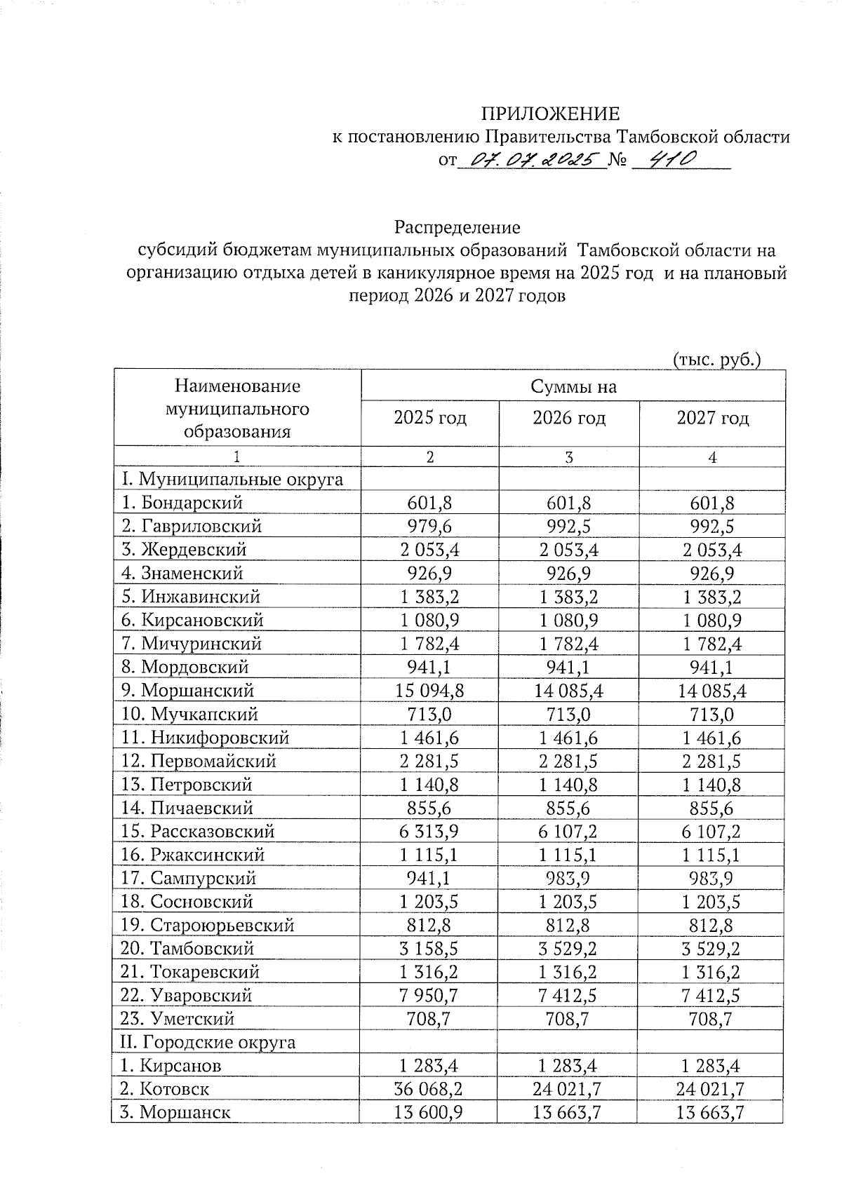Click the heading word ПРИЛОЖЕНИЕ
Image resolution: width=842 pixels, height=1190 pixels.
point(549,114)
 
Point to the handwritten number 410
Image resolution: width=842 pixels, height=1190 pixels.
point(671,160)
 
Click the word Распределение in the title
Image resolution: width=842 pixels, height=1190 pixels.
point(457,227)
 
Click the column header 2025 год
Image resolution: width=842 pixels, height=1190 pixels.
point(429,419)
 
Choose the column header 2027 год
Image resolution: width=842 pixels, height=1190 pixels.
point(712,419)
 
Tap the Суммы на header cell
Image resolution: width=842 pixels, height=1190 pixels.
point(573,386)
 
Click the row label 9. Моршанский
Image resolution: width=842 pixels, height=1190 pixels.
point(187,691)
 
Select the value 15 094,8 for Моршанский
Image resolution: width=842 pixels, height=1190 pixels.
point(429,691)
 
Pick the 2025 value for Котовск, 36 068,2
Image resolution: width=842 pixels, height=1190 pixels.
point(429,1089)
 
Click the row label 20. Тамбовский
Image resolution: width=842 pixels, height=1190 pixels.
point(187,949)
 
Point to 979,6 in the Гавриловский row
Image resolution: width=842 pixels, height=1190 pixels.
point(429,527)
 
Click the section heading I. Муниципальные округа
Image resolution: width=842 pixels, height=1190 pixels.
point(232,480)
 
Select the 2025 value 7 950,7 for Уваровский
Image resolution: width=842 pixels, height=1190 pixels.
point(429,996)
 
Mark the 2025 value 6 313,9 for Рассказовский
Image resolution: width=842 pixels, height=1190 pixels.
point(429,832)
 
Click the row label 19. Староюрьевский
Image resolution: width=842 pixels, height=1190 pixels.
point(207,926)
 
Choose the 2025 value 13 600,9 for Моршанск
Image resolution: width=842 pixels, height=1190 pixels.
point(429,1112)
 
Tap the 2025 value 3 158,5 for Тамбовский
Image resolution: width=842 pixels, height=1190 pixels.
point(429,949)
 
